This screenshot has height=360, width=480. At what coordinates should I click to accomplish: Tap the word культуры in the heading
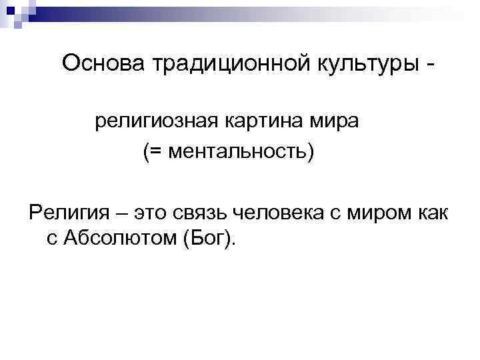pos(358,64)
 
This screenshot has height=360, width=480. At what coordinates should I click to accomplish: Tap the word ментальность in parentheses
pos(234,153)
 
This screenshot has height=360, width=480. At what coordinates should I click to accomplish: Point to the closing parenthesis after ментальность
pos(308,153)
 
